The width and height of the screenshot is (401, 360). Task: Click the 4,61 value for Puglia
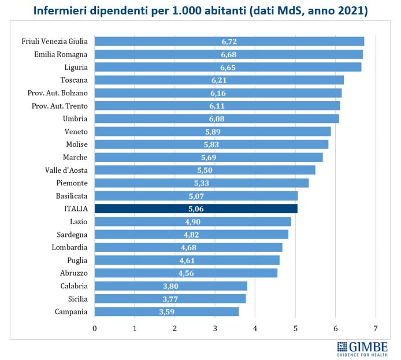pos(185,260)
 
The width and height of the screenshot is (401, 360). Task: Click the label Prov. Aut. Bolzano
pos(58,92)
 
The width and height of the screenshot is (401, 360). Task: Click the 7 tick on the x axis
pos(376,328)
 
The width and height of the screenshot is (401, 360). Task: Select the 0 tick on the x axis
pos(95,328)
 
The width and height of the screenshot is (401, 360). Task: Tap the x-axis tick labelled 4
pos(255,328)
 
